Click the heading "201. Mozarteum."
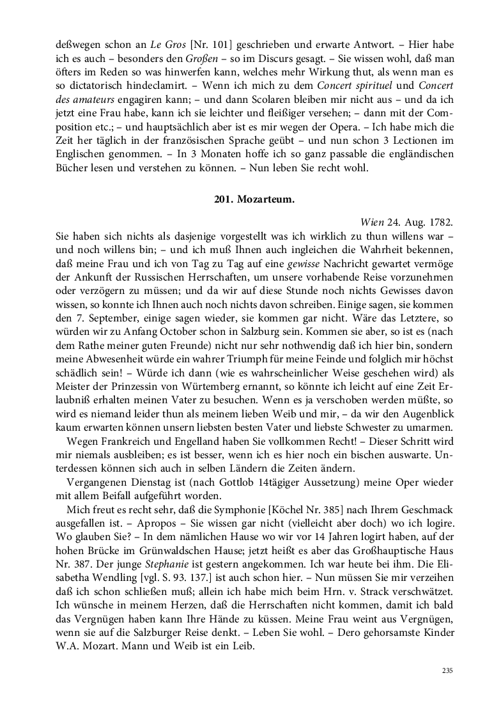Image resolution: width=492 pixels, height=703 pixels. pos(254,199)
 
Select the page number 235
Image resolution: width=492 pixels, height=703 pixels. pos(447,670)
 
